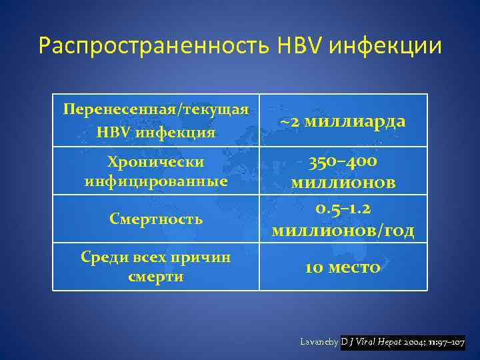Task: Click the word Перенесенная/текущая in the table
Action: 156,109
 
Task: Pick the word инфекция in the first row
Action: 176,132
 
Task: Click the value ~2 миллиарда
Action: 343,121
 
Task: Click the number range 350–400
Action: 343,162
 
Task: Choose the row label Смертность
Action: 156,219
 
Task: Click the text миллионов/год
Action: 343,231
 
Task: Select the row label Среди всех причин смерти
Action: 156,267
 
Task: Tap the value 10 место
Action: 343,267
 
